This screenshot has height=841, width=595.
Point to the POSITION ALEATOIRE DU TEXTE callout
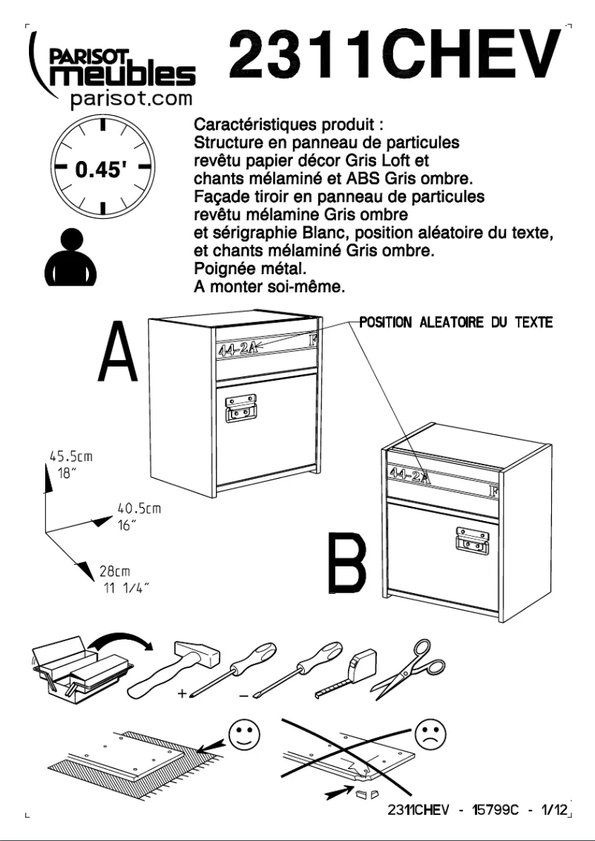[454, 324]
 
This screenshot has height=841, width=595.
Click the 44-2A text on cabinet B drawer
[409, 471]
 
